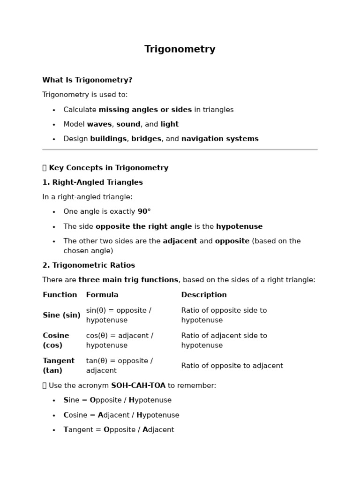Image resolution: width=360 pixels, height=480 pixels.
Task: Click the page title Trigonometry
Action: tap(180, 49)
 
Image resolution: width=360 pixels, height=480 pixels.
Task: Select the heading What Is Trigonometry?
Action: tap(87, 80)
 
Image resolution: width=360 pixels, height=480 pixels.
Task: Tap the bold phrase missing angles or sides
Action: tap(145, 110)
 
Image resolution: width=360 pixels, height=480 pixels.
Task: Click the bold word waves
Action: tap(99, 124)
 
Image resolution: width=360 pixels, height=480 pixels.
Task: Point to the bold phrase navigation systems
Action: tap(220, 139)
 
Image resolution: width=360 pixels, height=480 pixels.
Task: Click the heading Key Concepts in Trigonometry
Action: tap(108, 168)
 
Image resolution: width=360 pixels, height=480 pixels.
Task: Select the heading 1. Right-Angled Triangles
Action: tap(92, 182)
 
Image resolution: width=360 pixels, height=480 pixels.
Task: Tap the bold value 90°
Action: tap(144, 211)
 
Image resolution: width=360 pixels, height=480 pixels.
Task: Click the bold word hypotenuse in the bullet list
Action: tap(239, 226)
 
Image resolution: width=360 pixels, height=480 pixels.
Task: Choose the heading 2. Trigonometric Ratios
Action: tap(89, 265)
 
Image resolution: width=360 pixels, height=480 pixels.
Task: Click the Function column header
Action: tap(60, 295)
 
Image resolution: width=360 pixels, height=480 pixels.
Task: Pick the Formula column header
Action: tap(102, 295)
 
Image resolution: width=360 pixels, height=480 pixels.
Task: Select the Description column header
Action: tap(204, 295)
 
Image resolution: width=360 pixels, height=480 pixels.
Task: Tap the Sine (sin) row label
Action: tap(61, 315)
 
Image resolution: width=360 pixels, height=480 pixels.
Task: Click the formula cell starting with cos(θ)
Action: tap(120, 340)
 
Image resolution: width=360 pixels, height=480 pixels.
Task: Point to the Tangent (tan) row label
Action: tap(58, 366)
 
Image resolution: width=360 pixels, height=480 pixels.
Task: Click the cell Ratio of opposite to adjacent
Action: tap(232, 366)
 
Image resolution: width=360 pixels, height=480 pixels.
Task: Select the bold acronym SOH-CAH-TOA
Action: tap(138, 385)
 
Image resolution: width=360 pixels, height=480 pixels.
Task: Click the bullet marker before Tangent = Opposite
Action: tap(54, 430)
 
